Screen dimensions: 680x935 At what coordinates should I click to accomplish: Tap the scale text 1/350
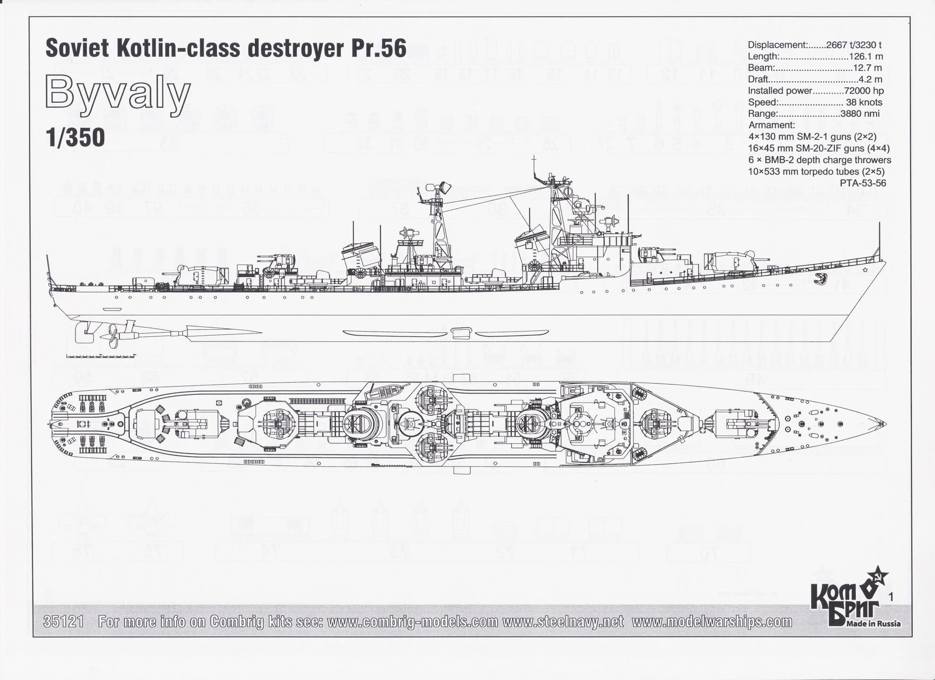click(x=75, y=138)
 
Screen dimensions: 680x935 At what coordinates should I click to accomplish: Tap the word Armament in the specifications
click(x=772, y=125)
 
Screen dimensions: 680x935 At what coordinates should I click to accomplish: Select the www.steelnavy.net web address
click(x=563, y=622)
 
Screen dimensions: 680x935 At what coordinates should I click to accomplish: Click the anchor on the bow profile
click(x=822, y=279)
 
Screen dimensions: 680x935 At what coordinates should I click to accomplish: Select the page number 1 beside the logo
click(x=891, y=597)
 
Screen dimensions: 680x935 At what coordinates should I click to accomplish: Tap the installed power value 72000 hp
click(x=857, y=91)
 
